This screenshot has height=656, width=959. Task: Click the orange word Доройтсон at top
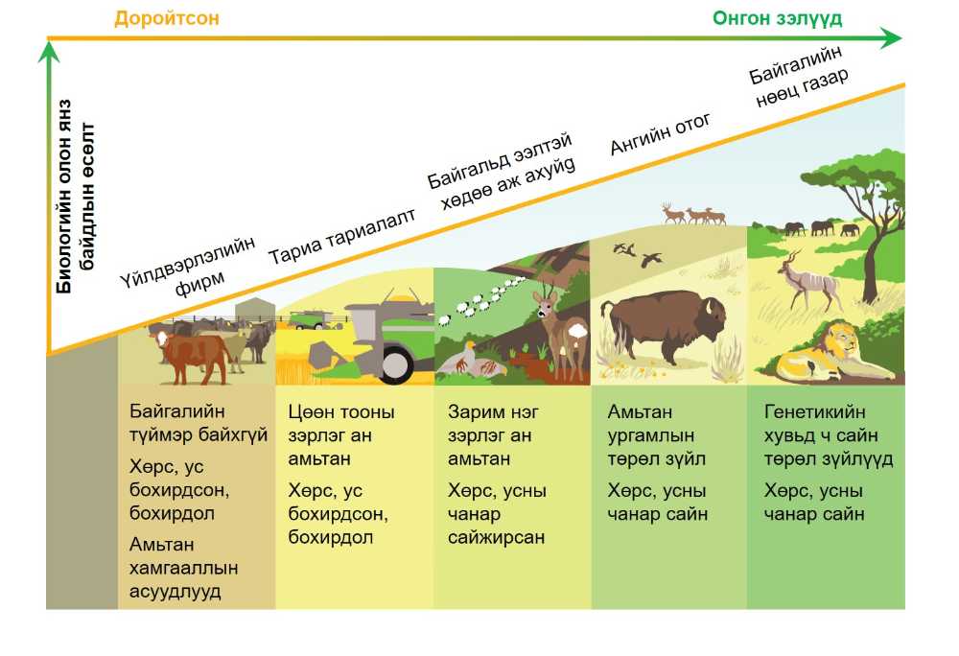pyautogui.click(x=166, y=18)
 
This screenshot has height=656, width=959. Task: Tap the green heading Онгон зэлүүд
pyautogui.click(x=778, y=19)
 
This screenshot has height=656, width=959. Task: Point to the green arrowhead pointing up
pyautogui.click(x=48, y=52)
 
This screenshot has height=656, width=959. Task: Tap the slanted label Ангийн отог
pyautogui.click(x=661, y=134)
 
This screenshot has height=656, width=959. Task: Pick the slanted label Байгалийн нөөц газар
pyautogui.click(x=798, y=77)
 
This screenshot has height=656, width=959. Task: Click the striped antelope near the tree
pyautogui.click(x=808, y=280)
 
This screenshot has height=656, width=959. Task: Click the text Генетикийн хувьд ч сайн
pyautogui.click(x=822, y=424)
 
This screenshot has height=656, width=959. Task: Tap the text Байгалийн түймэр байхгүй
pyautogui.click(x=199, y=423)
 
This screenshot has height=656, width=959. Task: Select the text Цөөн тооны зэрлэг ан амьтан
pyautogui.click(x=341, y=435)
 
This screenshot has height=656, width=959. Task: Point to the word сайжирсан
pyautogui.click(x=496, y=537)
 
